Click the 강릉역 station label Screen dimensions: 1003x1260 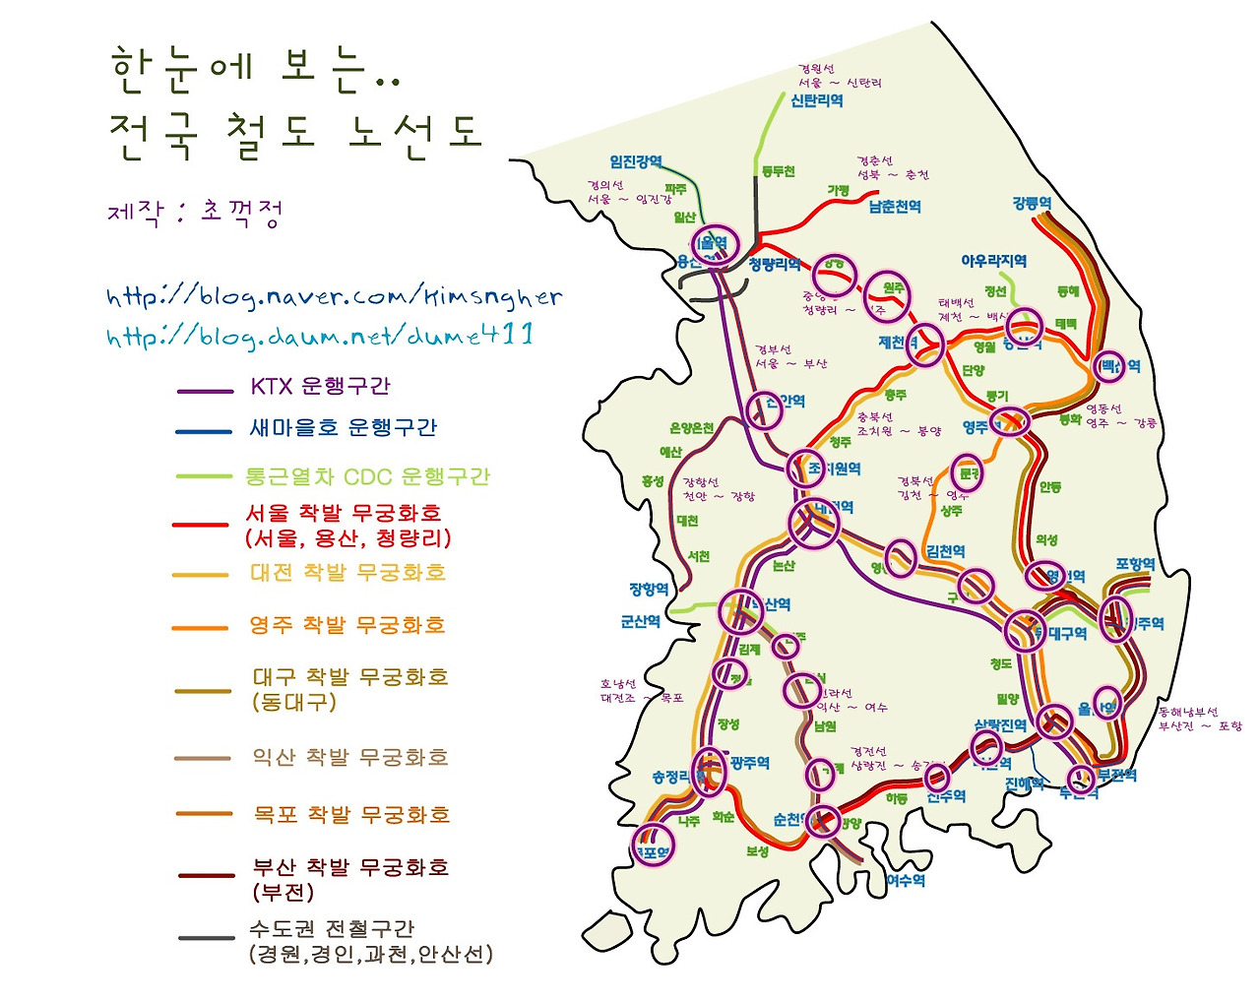(x=1032, y=204)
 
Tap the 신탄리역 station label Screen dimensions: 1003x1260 (x=816, y=100)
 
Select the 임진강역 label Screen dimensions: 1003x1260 (x=636, y=161)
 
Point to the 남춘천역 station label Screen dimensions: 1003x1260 (x=894, y=207)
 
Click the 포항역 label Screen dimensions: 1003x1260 (x=1135, y=564)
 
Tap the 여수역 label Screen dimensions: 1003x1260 (x=906, y=880)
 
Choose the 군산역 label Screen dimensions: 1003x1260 (x=641, y=621)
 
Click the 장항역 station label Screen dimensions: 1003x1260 (x=649, y=589)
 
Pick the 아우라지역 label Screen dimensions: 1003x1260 (x=993, y=261)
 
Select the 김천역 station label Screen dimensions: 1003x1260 (x=945, y=551)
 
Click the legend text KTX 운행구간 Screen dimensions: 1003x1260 (x=320, y=386)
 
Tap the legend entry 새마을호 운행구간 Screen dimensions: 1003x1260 (x=343, y=427)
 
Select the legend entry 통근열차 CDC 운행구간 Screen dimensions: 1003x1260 (x=366, y=476)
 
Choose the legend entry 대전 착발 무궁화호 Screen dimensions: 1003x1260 (x=347, y=573)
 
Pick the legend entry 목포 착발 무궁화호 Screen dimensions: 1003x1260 (x=351, y=815)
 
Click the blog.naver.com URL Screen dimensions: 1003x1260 (x=335, y=295)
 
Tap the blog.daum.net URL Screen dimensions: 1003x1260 (x=320, y=336)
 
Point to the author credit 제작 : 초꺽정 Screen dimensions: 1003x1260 (x=196, y=212)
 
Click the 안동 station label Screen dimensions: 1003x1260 (x=1050, y=487)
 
